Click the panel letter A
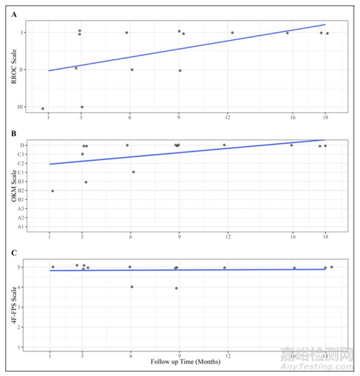coord(14,15)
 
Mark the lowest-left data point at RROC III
coord(43,109)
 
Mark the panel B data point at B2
coord(52,191)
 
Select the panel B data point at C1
coord(133,172)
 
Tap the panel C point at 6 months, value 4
coord(132,287)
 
